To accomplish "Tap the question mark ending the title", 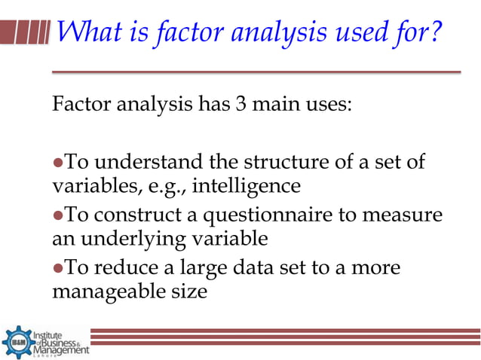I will [x=432, y=32].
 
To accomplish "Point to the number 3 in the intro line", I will [x=240, y=102].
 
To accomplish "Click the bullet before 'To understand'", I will [x=57, y=161].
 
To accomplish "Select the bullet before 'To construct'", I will [x=57, y=216].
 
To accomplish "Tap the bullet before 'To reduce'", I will [x=57, y=268].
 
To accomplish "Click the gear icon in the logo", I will [x=17, y=341].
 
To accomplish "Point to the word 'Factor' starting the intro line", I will [x=79, y=102].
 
